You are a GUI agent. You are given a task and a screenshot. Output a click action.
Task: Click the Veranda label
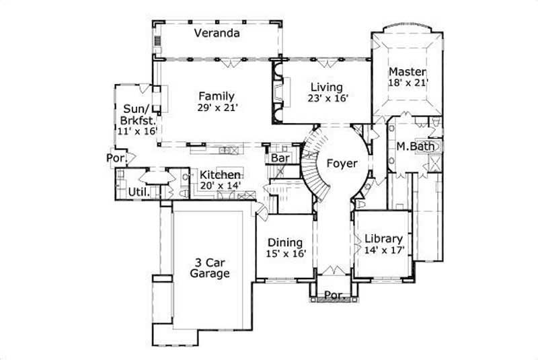coord(217,33)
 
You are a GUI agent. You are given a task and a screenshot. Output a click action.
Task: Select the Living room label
coord(326,87)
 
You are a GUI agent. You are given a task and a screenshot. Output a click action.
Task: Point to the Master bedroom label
coord(408,71)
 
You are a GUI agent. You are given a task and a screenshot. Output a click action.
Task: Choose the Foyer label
coord(342,163)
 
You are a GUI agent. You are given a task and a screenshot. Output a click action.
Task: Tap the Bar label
coord(279,158)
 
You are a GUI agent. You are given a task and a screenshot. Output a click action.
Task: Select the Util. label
coord(139,192)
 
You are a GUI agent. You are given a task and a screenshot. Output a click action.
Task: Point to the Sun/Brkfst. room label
coord(139,114)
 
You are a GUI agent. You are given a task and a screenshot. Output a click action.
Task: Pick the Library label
coord(383,239)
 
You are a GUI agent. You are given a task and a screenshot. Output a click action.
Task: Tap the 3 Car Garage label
coord(209,268)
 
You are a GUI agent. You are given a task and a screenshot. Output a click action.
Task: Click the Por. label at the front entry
coord(334,295)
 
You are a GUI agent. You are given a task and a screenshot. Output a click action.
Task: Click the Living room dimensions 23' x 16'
coord(326,98)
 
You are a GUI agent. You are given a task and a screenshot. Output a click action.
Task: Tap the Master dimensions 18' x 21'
coord(408,83)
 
